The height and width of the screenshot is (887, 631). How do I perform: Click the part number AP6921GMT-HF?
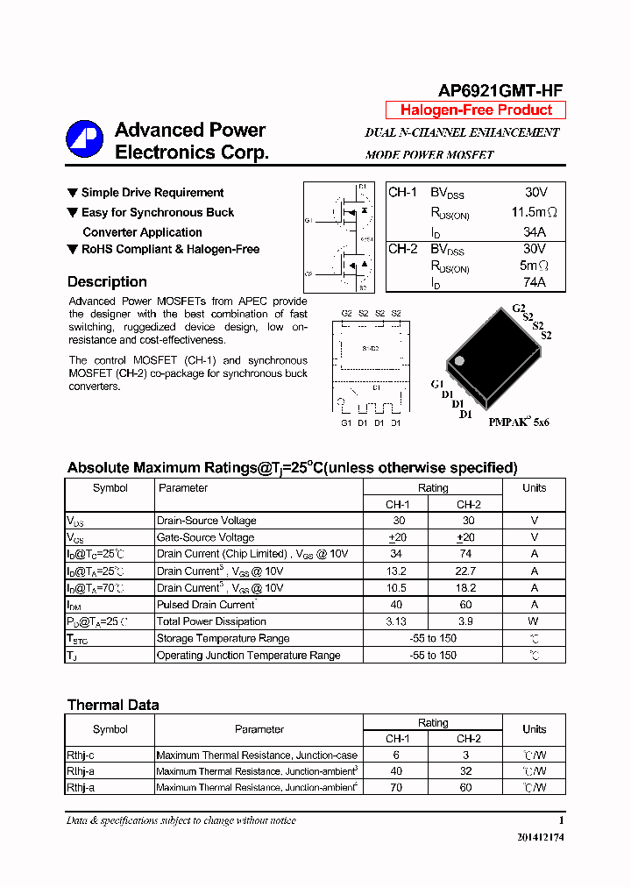point(500,90)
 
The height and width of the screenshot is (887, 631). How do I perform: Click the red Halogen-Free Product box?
point(476,110)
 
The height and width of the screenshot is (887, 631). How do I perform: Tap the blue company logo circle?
point(85,139)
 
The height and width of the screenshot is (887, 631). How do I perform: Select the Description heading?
point(107,282)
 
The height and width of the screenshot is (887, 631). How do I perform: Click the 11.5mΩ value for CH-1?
point(534,212)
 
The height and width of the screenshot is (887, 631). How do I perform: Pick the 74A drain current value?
point(534,282)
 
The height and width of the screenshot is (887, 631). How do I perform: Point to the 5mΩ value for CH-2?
point(534,266)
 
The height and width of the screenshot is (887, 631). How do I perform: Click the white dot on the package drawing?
point(458,360)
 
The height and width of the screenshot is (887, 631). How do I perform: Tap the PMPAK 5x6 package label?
point(519,422)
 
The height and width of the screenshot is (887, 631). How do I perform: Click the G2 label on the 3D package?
point(518,309)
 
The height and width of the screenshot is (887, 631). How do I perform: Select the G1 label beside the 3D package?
point(437,385)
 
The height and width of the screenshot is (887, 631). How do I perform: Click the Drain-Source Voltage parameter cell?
point(206,521)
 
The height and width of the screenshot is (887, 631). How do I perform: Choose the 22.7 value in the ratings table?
point(465,571)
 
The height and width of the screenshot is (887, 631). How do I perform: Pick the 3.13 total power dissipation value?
point(396,621)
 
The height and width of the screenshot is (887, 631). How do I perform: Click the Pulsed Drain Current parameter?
point(206,605)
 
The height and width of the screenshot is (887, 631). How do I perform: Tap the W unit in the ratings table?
point(534,621)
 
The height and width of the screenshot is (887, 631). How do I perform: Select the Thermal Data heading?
point(113,705)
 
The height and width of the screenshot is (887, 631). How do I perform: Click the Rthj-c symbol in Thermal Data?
point(82,755)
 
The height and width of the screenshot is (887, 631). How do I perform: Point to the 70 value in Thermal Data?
point(396,788)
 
